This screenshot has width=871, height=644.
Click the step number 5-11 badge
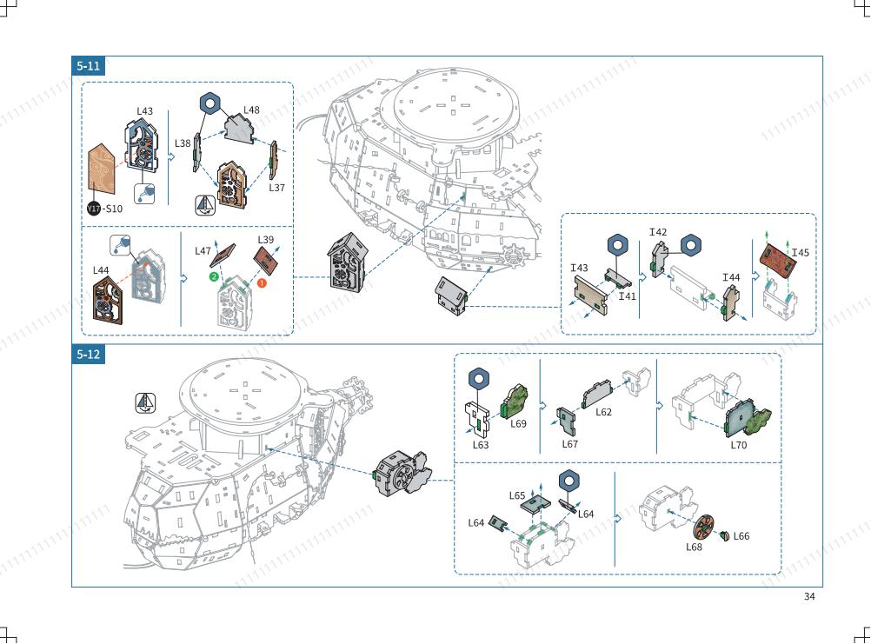[x=89, y=65]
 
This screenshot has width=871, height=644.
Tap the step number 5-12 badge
[x=89, y=355]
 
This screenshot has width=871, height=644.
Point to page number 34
[x=809, y=596]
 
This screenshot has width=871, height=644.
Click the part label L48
[x=251, y=110]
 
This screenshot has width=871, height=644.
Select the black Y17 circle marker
[x=94, y=209]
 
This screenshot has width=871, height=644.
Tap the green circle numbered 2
[x=214, y=276]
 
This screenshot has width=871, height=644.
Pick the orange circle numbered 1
[x=262, y=283]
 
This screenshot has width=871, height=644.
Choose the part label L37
[x=276, y=188]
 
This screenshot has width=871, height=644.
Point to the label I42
[x=658, y=232]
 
